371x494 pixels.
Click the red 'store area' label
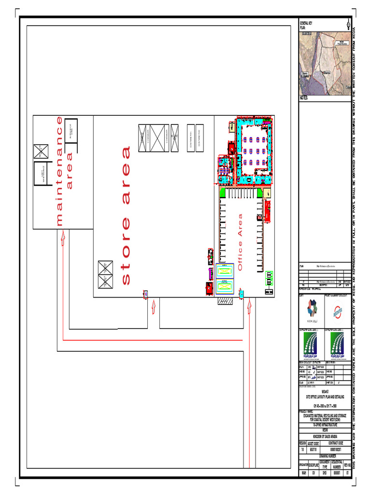[x=126, y=215]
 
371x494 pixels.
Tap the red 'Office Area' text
[x=240, y=242]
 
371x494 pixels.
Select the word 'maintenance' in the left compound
[x=59, y=171]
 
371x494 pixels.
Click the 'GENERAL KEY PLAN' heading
[x=306, y=26]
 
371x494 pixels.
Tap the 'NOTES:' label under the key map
[x=304, y=98]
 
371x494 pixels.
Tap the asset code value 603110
[x=314, y=449]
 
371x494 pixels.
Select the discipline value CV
[x=314, y=473]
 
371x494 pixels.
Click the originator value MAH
[x=304, y=473]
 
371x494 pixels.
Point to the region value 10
[x=303, y=449]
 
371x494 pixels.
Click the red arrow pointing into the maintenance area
[x=63, y=237]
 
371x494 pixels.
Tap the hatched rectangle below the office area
[x=225, y=301]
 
